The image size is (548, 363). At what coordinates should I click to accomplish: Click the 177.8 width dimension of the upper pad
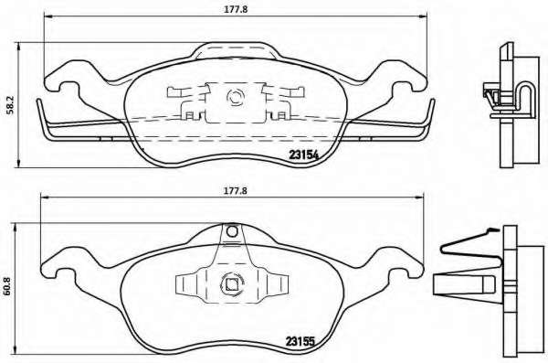[x=236, y=9]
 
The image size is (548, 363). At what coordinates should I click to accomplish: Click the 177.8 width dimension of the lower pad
[x=236, y=191]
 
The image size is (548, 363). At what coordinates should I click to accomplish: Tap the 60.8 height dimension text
[x=8, y=287]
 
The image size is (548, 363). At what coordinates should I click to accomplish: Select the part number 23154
[x=303, y=155]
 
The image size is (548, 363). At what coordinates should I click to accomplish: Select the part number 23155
[x=300, y=340]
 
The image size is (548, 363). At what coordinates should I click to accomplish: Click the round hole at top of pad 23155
[x=232, y=231]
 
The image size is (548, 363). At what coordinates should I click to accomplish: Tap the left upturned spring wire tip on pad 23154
[x=39, y=102]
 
